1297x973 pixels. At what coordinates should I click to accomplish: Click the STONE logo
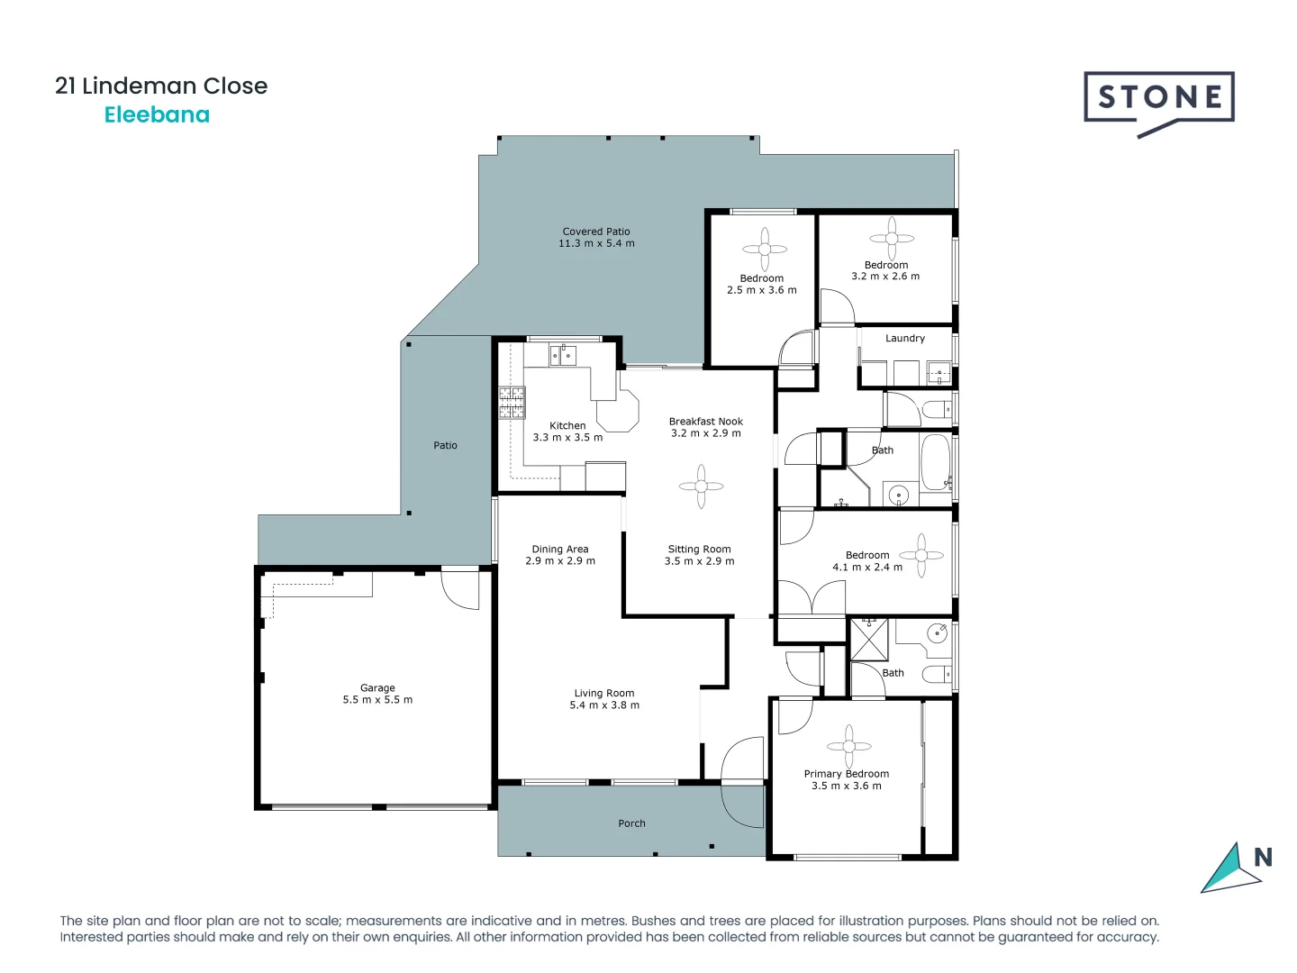(x=1158, y=100)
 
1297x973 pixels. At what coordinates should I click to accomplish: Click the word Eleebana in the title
(x=157, y=114)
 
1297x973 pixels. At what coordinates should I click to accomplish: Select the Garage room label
(x=377, y=687)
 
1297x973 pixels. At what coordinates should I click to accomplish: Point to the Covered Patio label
(x=596, y=232)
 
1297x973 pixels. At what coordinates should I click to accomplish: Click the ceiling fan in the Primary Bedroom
(x=848, y=746)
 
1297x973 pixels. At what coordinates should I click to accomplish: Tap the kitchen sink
(x=563, y=355)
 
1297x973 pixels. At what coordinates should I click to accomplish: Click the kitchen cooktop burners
(x=512, y=403)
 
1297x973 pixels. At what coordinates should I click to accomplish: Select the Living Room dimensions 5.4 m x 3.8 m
(x=604, y=705)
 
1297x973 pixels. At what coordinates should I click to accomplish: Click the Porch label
(x=631, y=823)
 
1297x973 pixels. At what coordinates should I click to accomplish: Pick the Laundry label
(x=904, y=339)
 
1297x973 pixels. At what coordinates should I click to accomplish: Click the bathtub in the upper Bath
(x=935, y=463)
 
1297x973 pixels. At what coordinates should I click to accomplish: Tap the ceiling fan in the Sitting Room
(x=701, y=486)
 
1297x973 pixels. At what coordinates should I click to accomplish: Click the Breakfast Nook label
(x=706, y=422)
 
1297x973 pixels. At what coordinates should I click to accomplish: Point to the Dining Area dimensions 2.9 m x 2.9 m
(x=560, y=561)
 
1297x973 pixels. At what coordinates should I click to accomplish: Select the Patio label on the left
(x=445, y=445)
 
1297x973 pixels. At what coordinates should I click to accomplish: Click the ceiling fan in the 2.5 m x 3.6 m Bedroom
(x=765, y=249)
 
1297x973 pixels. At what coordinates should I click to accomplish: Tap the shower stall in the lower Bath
(x=869, y=639)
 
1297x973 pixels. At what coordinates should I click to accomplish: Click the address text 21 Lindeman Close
(x=161, y=86)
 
